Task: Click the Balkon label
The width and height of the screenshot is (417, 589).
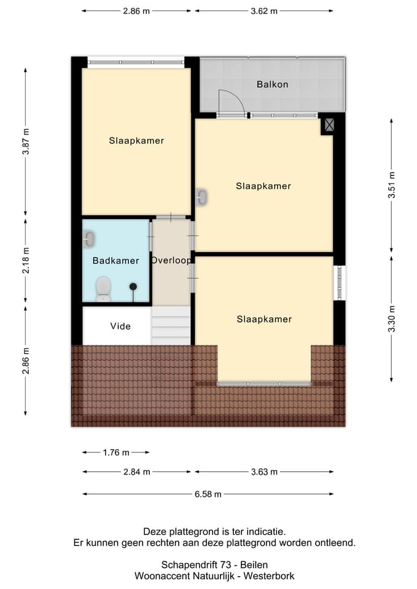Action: pos(272,84)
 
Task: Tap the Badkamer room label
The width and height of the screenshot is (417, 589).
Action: pos(115,260)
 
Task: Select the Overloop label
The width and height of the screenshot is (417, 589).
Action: pos(171,260)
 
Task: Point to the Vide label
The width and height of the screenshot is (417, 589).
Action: pos(120,326)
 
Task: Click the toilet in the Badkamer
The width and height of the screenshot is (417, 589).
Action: pos(103,289)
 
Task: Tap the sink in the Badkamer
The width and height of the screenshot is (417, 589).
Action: pos(88,239)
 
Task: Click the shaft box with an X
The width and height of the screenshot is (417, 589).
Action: pos(329,125)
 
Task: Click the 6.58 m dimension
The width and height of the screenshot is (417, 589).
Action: pos(208,494)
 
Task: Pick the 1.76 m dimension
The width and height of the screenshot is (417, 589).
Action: pos(116,452)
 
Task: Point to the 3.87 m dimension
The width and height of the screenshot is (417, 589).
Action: pos(26,142)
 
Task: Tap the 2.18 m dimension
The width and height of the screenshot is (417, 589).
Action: pos(26,261)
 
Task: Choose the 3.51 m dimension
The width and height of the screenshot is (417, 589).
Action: pos(391,185)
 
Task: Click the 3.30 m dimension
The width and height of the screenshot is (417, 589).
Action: pos(391,319)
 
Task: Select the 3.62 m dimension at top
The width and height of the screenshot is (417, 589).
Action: pos(264,11)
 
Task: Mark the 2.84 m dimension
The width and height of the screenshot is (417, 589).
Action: pos(136,472)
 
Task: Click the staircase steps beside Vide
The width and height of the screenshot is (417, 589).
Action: pos(171,325)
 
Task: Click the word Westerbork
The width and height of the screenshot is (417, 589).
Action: pos(269,576)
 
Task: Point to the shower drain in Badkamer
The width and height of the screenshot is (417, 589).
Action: pos(133,287)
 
